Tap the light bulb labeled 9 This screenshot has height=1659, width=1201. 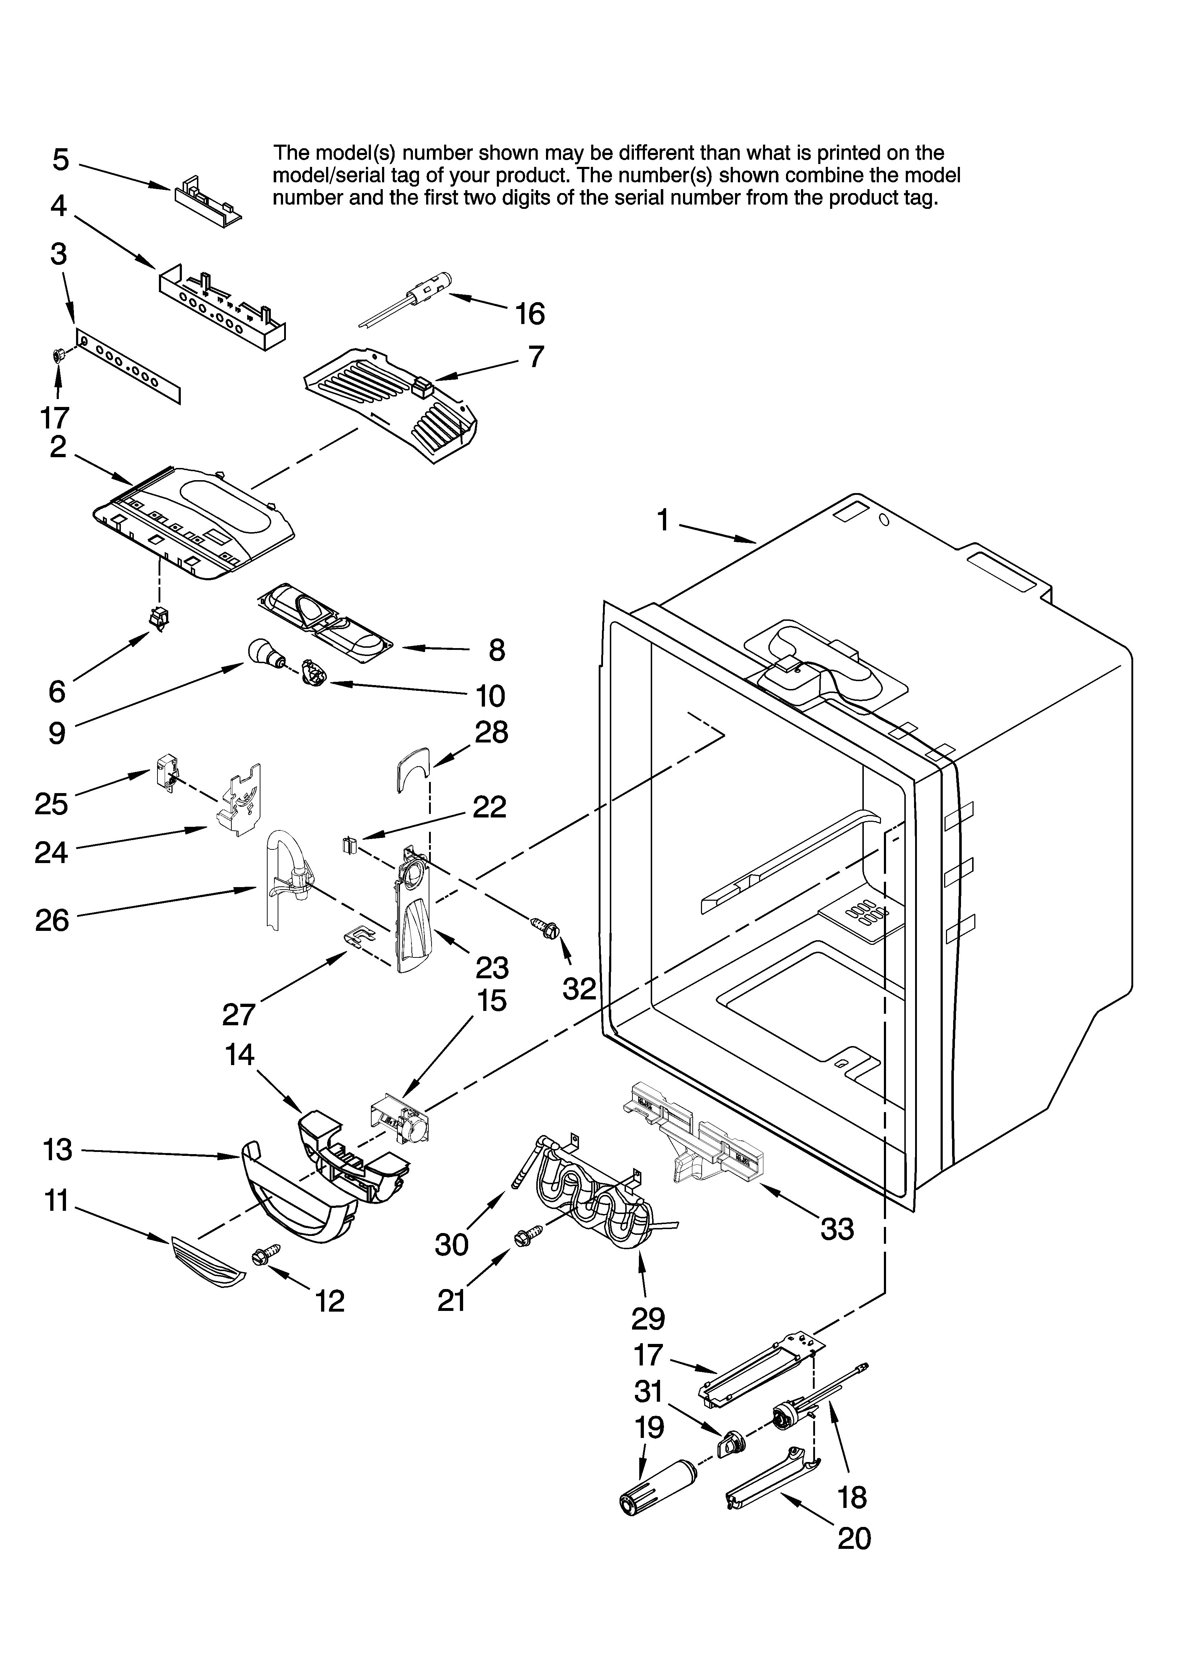262,650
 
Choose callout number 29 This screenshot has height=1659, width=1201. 648,1319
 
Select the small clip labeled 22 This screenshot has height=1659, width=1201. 348,845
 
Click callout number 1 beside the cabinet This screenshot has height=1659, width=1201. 663,521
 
